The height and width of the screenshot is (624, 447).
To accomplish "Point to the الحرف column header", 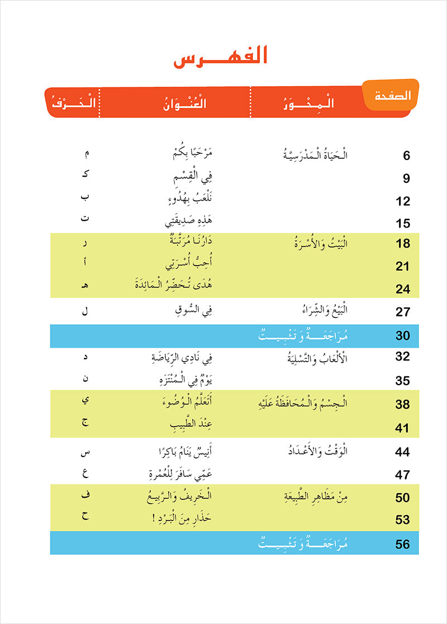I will pos(73,103).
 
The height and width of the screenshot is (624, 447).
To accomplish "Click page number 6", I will pos(406,156).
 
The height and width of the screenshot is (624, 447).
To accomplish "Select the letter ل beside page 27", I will pos(85,311).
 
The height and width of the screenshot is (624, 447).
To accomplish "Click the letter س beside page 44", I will pos(85,451).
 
